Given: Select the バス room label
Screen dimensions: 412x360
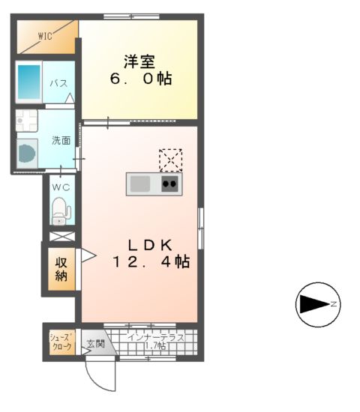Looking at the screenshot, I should point(58,83).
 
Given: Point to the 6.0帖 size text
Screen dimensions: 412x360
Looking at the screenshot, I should point(139,77).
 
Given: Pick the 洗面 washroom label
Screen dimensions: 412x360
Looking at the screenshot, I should point(60,140).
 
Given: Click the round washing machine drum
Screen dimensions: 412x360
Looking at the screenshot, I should point(28,154).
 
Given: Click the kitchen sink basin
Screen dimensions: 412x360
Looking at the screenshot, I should point(140,184).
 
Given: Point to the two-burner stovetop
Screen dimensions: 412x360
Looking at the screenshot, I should point(169,184).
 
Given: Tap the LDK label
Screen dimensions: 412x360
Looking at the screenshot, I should point(150,245).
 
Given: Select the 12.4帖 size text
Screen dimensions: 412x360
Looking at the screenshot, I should point(150,262).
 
